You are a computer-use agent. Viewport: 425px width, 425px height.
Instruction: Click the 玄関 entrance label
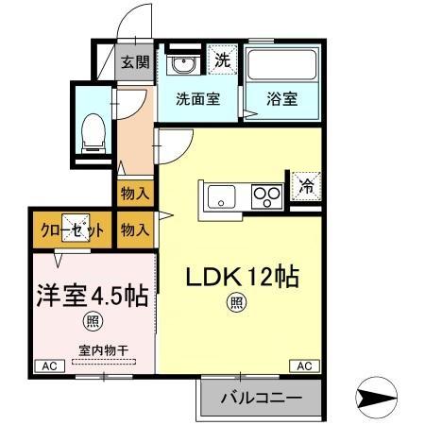[x=132, y=63]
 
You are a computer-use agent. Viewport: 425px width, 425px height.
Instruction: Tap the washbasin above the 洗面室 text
[x=183, y=65]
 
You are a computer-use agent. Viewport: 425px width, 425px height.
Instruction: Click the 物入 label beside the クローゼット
[x=134, y=229]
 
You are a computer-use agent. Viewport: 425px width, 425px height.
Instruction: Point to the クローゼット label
[x=71, y=229]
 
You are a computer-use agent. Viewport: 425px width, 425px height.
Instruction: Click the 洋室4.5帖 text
[x=92, y=295]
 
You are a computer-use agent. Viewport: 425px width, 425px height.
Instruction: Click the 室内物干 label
[x=97, y=350]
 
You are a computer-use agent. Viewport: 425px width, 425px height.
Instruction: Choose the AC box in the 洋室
[x=45, y=365]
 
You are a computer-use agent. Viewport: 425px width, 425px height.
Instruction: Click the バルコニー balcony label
[x=261, y=398]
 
